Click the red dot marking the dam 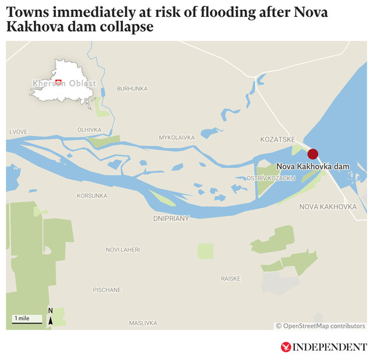pos(313,154)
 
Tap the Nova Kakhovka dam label pos(312,166)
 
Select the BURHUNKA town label pos(132,89)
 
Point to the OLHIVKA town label pos(89,130)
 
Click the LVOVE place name pos(18,132)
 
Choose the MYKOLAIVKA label pos(177,138)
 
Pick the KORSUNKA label pos(92,195)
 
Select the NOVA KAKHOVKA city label pos(328,207)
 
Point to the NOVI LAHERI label pos(122,250)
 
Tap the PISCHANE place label pos(107,289)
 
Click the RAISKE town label pos(230,278)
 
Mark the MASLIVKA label pos(143,323)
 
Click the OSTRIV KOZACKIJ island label pos(272,177)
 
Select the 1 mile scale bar pos(27,320)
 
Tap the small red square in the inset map pos(58,82)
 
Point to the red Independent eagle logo pos(286,347)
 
